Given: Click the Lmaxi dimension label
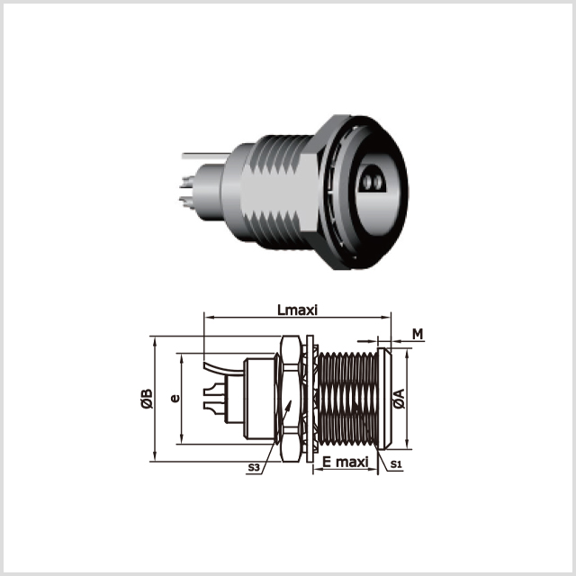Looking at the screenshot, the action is [x=297, y=310].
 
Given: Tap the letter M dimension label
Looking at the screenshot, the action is [x=418, y=334].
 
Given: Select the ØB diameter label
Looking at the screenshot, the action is [x=147, y=398].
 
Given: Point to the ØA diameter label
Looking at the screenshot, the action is [x=399, y=398].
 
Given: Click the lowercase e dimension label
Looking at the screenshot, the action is [x=175, y=398].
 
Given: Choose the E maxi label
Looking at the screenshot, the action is [x=346, y=462].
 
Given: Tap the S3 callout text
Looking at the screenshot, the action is [x=254, y=467].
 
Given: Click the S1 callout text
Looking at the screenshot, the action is [x=396, y=464].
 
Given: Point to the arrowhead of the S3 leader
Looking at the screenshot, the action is [x=290, y=404].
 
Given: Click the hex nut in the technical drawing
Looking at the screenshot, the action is [x=291, y=399].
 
